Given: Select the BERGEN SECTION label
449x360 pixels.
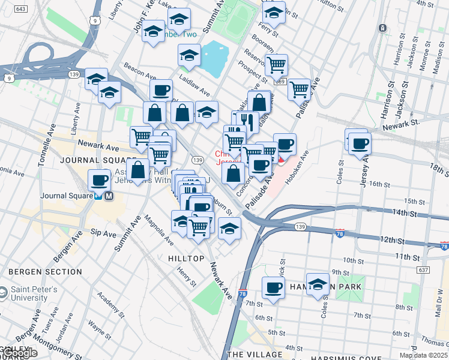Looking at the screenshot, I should pos(45,272).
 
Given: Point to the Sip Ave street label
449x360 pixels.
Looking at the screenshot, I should pos(103,233).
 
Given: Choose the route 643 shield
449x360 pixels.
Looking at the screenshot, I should pos(21,9).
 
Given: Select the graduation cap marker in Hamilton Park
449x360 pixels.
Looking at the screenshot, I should pos(318,284).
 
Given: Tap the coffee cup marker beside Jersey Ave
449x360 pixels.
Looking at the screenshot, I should pos(360,143).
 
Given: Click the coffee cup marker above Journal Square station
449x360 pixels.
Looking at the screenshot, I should pos(99,179).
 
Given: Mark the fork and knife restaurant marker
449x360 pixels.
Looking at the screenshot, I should pos(247,122).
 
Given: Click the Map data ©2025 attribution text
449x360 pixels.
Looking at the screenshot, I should pos(423,355).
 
